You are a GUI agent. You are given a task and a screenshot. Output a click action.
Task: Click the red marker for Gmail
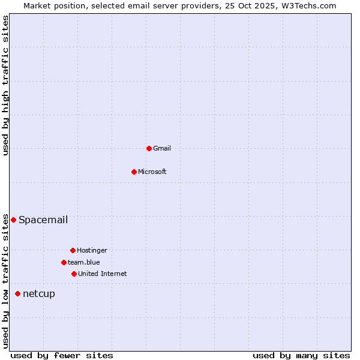tap(149, 148)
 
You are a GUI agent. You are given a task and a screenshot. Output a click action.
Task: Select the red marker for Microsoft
tap(134, 172)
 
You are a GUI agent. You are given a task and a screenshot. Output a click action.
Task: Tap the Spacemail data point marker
tap(13, 220)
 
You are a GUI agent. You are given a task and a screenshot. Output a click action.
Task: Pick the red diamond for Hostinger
tap(73, 250)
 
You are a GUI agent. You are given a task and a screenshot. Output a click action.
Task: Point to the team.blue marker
tap(64, 262)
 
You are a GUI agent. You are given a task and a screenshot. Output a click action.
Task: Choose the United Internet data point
tap(74, 274)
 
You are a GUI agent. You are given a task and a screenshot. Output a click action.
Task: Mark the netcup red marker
tap(17, 293)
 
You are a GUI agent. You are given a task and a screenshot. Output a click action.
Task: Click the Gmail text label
tap(162, 148)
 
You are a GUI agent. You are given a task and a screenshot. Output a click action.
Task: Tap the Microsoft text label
tap(152, 172)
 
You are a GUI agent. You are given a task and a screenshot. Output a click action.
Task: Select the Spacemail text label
tap(43, 220)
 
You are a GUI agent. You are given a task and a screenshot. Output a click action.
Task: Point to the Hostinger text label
tap(92, 250)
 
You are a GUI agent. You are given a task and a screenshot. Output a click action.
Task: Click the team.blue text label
tap(84, 262)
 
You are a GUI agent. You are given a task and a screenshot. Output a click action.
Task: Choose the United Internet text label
tap(103, 274)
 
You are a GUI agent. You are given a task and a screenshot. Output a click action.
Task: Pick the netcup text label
tap(39, 293)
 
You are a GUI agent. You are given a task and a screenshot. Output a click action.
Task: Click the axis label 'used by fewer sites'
tap(62, 355)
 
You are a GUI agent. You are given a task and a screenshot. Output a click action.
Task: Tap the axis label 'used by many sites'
tap(301, 355)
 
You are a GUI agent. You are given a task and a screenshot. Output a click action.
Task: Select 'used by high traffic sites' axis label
tap(6, 85)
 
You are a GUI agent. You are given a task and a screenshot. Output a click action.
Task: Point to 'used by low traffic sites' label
tap(6, 280)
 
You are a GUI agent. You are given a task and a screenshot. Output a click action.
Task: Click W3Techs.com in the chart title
tap(308, 5)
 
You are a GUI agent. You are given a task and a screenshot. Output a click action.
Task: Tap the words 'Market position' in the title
tap(51, 5)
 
